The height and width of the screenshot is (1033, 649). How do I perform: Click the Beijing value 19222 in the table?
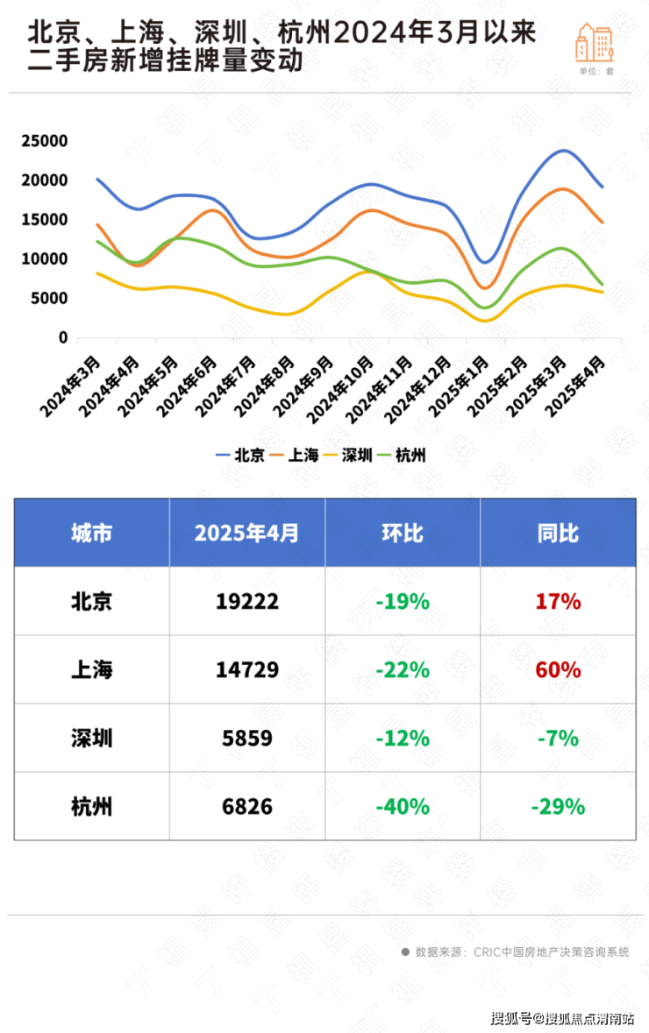click(247, 602)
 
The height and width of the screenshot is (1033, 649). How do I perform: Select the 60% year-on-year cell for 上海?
click(558, 670)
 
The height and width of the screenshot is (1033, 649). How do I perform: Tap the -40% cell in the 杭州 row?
click(403, 806)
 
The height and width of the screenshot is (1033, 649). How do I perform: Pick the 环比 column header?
click(403, 533)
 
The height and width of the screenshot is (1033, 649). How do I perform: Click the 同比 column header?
click(558, 533)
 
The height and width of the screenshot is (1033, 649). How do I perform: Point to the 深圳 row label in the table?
click(91, 739)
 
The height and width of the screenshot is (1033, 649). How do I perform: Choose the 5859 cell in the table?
click(247, 739)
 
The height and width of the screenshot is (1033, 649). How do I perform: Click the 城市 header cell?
click(91, 533)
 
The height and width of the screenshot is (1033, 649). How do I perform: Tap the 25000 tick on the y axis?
click(45, 141)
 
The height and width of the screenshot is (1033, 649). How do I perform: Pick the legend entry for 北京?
click(240, 455)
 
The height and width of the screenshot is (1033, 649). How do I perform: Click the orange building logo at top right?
click(595, 41)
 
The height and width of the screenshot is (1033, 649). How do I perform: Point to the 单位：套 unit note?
click(596, 72)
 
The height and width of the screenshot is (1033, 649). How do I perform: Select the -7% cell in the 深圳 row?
click(558, 739)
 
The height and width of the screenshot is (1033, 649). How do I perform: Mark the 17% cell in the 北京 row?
click(558, 602)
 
